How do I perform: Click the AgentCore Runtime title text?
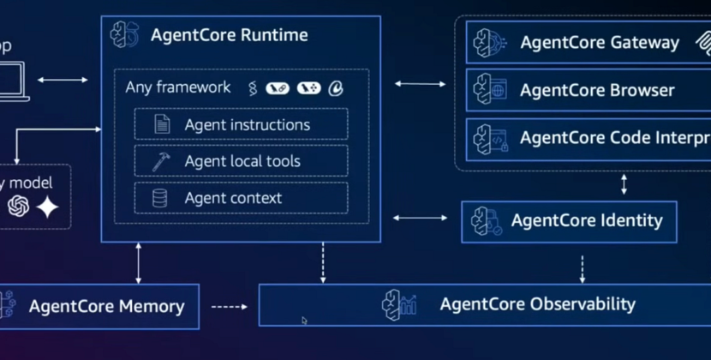(x=229, y=36)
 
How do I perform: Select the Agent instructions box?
(x=241, y=124)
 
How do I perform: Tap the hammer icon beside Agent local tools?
(x=161, y=161)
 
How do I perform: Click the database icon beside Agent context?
(x=160, y=198)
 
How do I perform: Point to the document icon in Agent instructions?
(x=161, y=124)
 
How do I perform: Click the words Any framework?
(x=177, y=87)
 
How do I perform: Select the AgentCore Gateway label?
(x=599, y=42)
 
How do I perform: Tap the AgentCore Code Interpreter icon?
(x=491, y=138)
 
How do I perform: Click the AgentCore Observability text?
(x=537, y=304)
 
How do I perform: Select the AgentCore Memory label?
(x=106, y=306)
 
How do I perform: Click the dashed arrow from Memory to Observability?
(x=229, y=306)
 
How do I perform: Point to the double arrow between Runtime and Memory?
(x=138, y=262)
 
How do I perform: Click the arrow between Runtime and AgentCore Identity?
(x=420, y=218)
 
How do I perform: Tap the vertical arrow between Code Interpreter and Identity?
(x=624, y=184)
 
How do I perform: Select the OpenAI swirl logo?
(x=18, y=206)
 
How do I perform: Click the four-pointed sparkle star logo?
(x=47, y=207)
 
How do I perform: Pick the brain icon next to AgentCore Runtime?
(x=125, y=35)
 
